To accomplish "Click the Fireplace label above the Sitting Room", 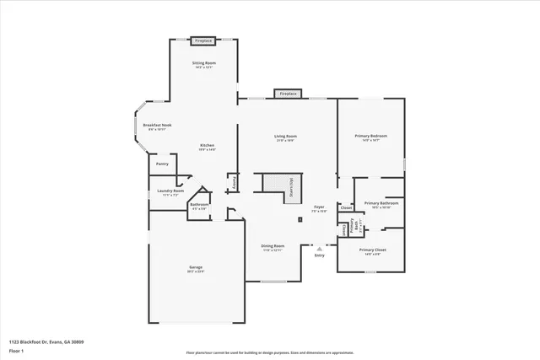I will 202,40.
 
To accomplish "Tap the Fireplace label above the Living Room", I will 288,94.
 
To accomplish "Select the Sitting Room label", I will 203,64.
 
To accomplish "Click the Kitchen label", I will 207,146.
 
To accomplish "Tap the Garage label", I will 196,269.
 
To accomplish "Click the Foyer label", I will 319,207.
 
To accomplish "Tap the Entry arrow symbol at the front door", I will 319,249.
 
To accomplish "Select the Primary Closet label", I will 372,250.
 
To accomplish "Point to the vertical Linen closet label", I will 344,229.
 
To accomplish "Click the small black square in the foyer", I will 300,221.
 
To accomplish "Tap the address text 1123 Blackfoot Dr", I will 46,341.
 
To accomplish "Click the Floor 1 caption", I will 17,352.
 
